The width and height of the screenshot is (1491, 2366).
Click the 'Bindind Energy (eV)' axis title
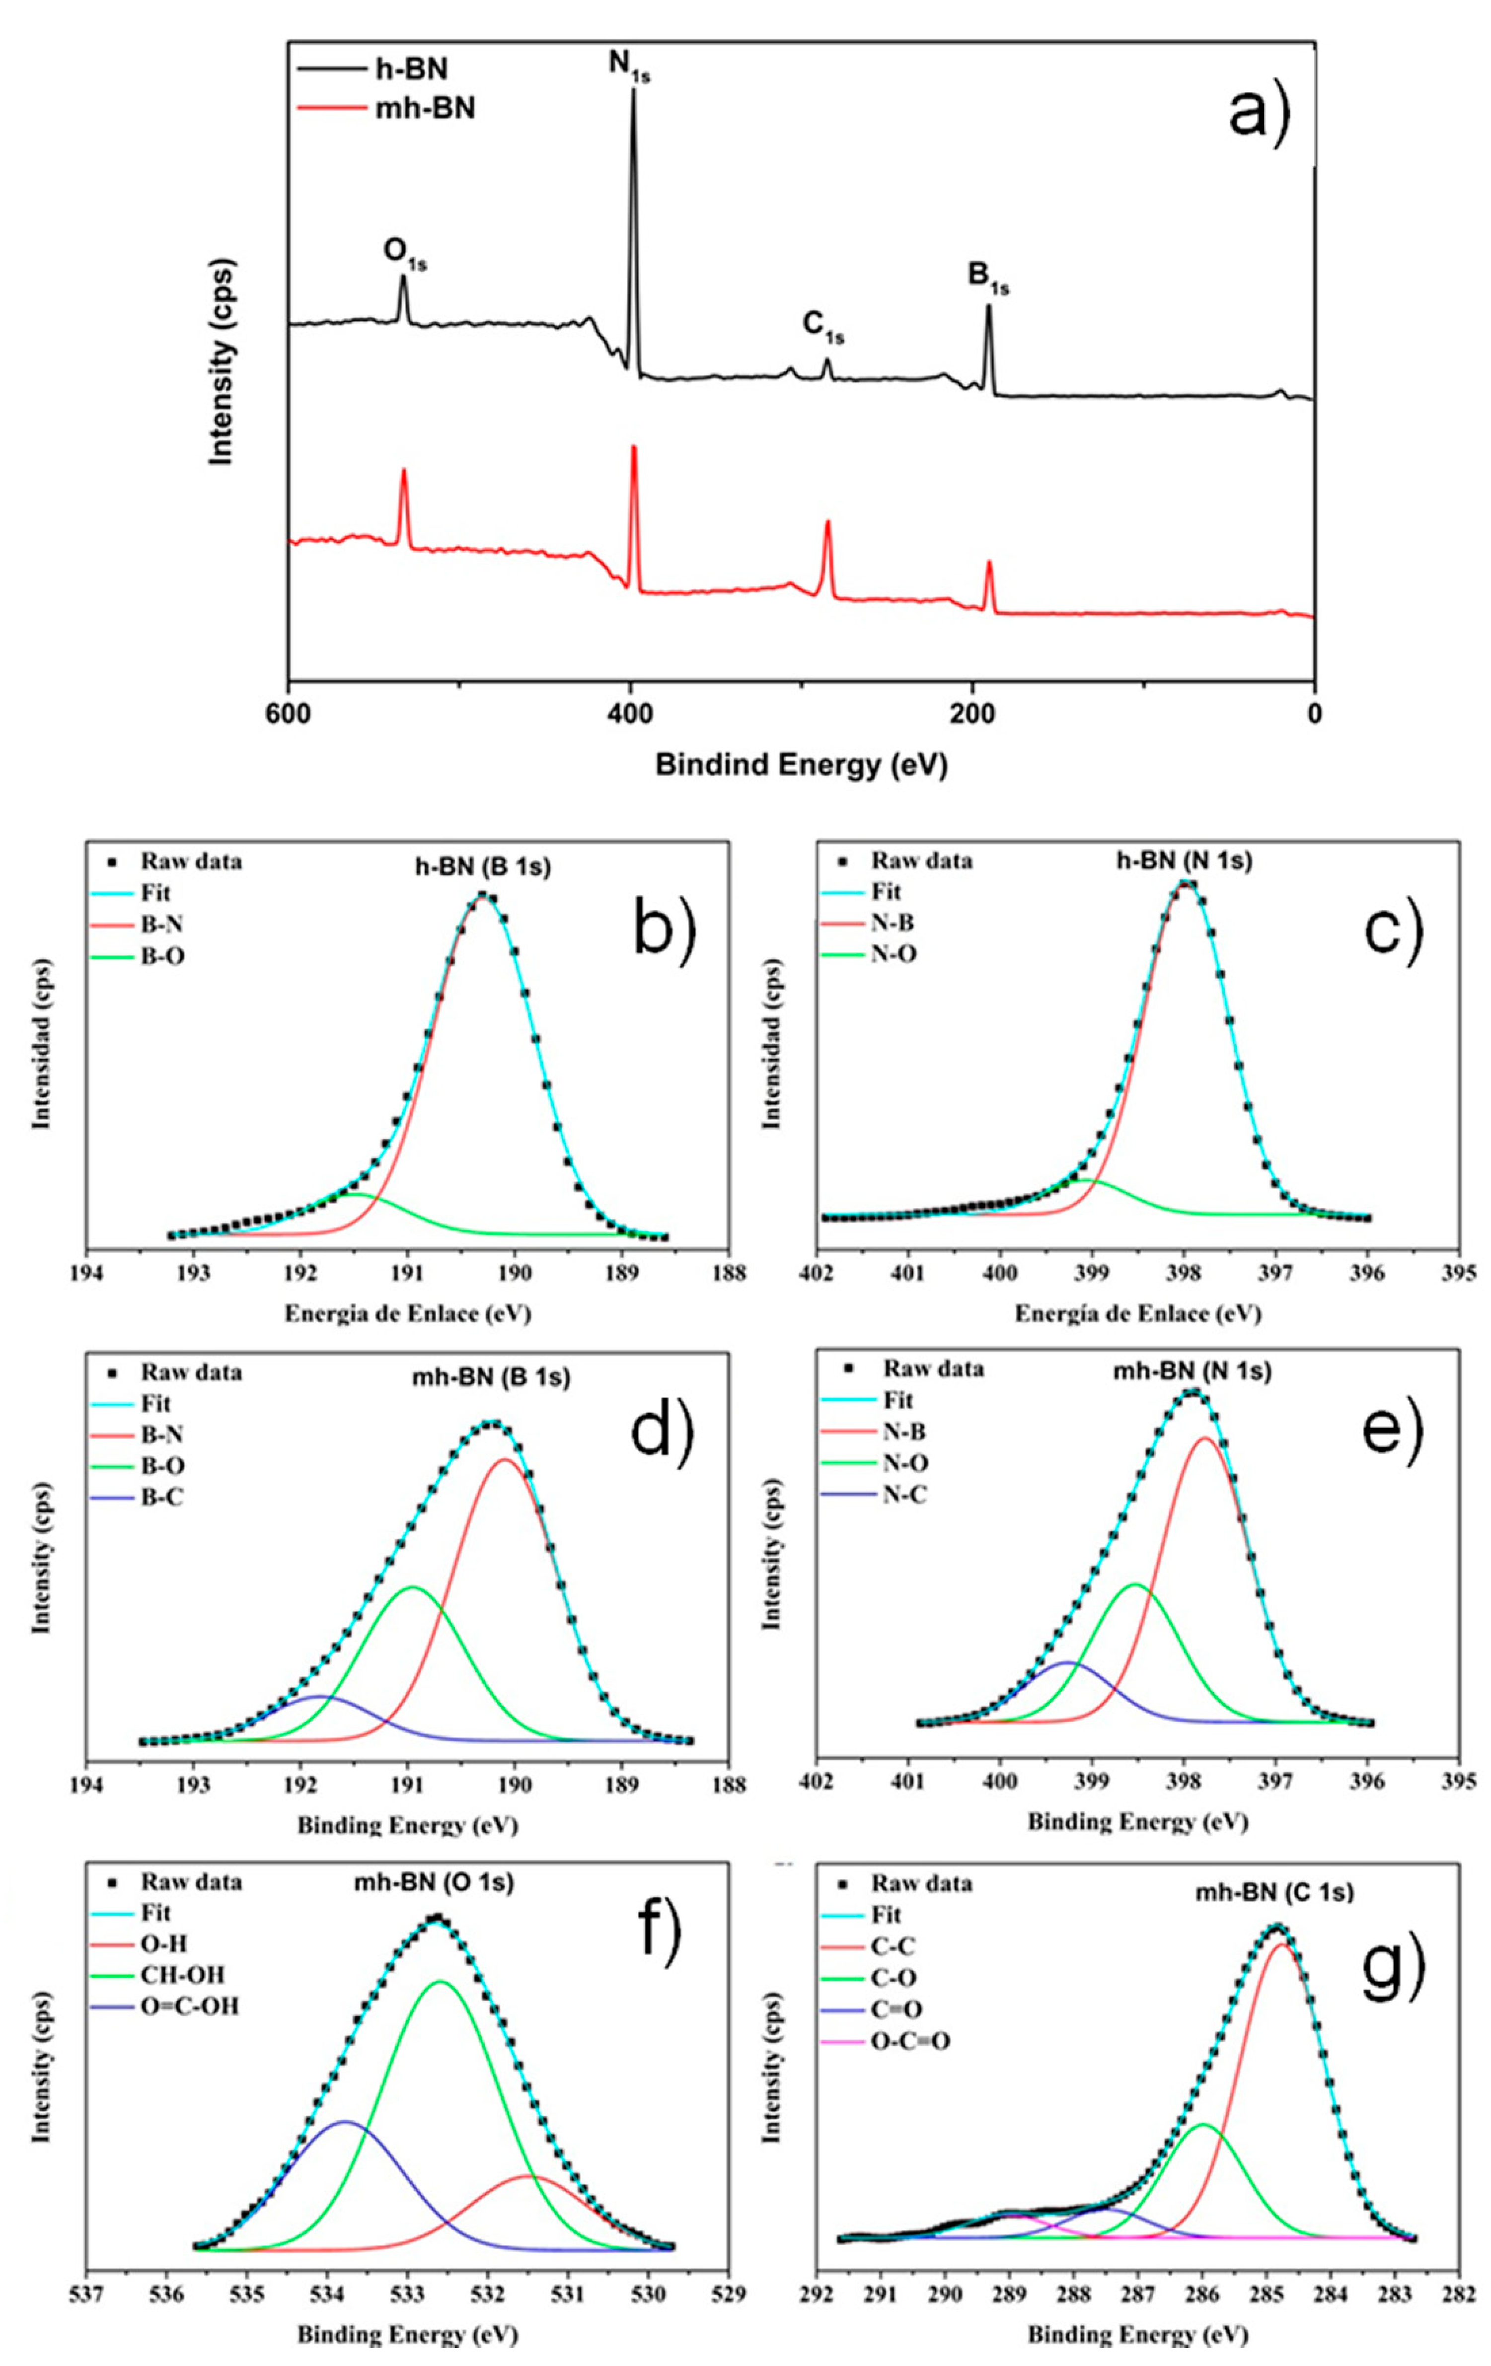[x=801, y=765]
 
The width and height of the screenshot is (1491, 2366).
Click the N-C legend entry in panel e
[x=904, y=1495]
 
